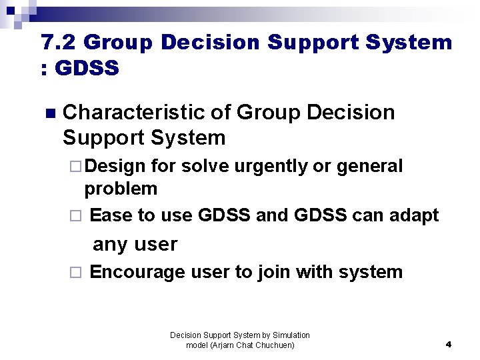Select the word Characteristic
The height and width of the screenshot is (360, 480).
click(133, 113)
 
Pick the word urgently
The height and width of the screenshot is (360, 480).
click(269, 166)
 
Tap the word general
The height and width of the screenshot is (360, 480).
click(369, 166)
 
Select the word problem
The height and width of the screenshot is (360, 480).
click(121, 189)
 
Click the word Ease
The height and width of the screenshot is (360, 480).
click(111, 215)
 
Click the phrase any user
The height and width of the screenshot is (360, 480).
click(135, 244)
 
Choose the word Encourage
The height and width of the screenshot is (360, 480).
click(137, 272)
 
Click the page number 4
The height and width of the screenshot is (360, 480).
click(448, 345)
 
